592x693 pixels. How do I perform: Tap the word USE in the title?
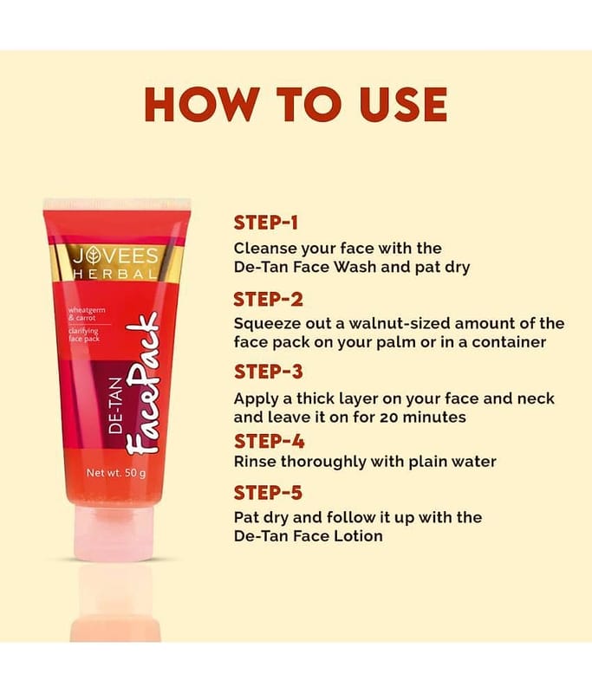click(404, 104)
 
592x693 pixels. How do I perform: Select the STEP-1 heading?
click(266, 223)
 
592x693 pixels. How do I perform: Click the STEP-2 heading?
click(268, 300)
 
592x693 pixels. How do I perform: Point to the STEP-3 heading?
click(268, 372)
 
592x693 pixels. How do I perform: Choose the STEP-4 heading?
click(269, 441)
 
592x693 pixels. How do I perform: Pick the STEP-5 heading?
click(268, 493)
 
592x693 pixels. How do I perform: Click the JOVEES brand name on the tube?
click(115, 256)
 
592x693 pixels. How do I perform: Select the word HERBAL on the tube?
click(115, 274)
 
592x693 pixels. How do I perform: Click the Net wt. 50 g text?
click(116, 473)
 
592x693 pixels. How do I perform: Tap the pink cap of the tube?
click(114, 533)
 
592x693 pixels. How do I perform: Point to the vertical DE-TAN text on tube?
click(115, 405)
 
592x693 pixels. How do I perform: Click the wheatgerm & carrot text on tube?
click(87, 314)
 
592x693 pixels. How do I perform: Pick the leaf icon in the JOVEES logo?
click(93, 256)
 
